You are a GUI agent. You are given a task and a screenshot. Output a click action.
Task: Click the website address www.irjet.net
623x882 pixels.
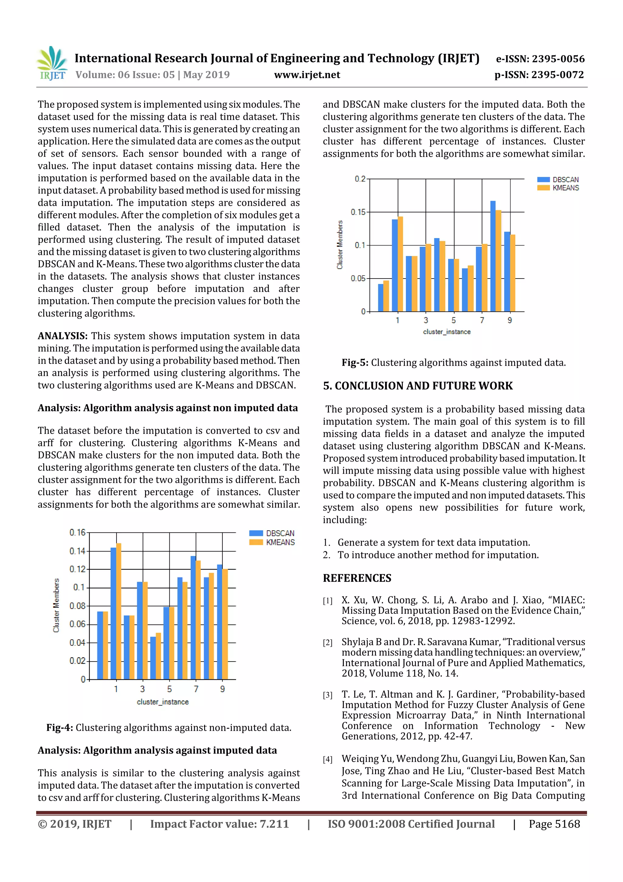(307, 75)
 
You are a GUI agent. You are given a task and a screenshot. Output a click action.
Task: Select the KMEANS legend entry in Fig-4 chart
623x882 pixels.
(272, 542)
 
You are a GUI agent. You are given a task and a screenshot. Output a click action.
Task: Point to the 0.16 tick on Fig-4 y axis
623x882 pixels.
(78, 532)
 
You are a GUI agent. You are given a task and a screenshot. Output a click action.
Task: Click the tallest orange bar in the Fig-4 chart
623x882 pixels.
(119, 611)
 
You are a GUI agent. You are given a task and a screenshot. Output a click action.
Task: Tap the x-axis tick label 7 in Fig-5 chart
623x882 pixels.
(482, 320)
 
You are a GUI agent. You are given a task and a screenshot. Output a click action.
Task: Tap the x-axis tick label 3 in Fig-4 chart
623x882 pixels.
(142, 689)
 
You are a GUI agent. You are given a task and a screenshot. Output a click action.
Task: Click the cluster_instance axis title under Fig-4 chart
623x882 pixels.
(163, 702)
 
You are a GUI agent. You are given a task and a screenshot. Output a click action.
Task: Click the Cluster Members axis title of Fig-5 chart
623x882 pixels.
(340, 245)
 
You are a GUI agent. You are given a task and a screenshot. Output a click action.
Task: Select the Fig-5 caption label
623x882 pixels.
(355, 363)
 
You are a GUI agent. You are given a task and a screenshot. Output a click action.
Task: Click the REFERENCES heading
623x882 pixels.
(357, 578)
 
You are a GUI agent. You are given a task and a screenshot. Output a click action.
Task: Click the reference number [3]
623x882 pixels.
(327, 695)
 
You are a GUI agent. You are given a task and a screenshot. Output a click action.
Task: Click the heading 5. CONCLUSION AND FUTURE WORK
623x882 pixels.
(418, 386)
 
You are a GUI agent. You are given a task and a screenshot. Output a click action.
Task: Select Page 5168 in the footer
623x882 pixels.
(554, 824)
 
